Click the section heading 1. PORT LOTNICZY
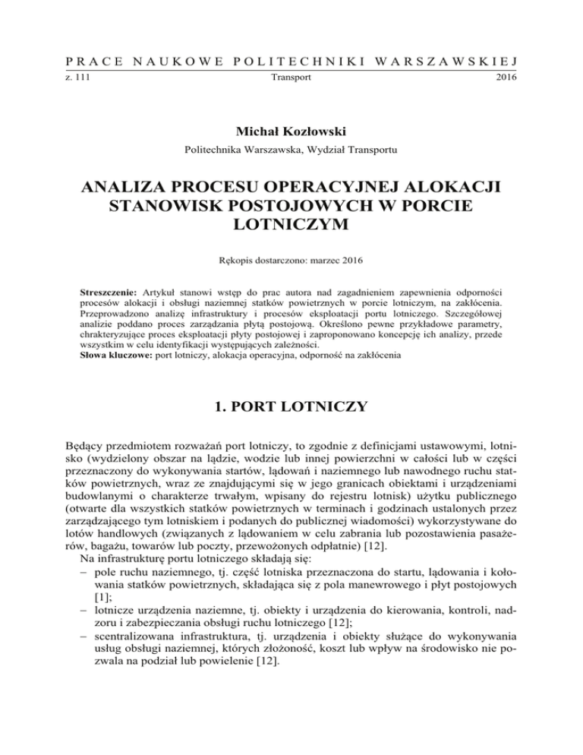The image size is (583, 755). (291, 407)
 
